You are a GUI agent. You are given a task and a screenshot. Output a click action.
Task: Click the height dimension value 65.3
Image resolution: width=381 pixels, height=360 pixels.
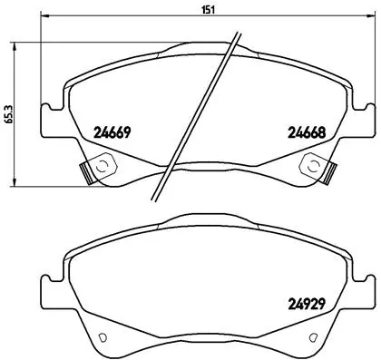pos(8,114)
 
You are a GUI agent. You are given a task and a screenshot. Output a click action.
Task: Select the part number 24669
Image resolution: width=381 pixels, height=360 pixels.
pos(114,131)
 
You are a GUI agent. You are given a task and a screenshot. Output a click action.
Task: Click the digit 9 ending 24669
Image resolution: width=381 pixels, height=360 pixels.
pos(131,131)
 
